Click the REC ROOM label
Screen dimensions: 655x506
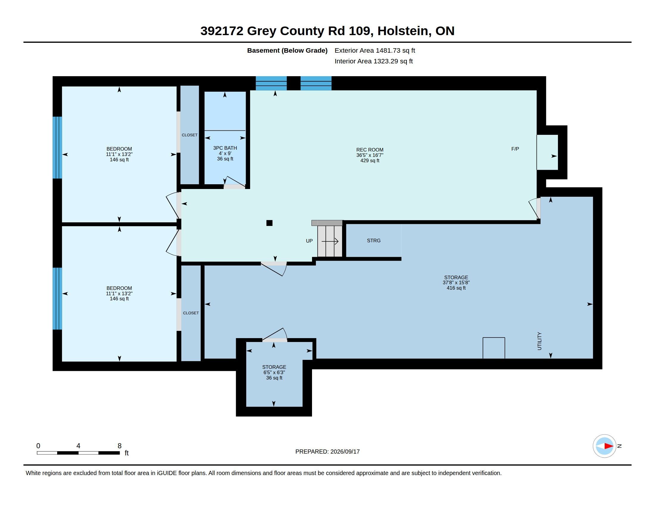tap(369, 150)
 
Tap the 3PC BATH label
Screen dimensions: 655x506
tap(225, 148)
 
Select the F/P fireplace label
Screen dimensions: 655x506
tap(515, 149)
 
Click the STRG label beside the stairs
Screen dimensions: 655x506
tap(374, 240)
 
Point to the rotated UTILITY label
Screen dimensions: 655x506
tap(539, 341)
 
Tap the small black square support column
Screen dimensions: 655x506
tap(269, 223)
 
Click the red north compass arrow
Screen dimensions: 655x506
tap(609, 446)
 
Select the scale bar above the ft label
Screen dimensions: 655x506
tap(78, 453)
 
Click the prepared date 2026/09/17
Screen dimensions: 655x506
tap(345, 452)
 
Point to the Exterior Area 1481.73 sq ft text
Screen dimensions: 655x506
tap(375, 50)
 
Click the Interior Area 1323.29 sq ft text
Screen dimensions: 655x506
tap(374, 61)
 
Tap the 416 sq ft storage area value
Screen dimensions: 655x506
tap(456, 288)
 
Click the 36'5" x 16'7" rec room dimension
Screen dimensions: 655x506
tap(369, 155)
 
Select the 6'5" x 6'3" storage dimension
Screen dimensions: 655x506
tap(274, 372)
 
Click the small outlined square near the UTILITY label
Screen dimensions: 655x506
tap(494, 348)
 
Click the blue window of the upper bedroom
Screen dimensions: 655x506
tap(57, 147)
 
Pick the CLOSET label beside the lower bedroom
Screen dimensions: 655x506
tap(191, 313)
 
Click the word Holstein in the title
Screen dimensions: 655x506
tap(403, 31)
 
